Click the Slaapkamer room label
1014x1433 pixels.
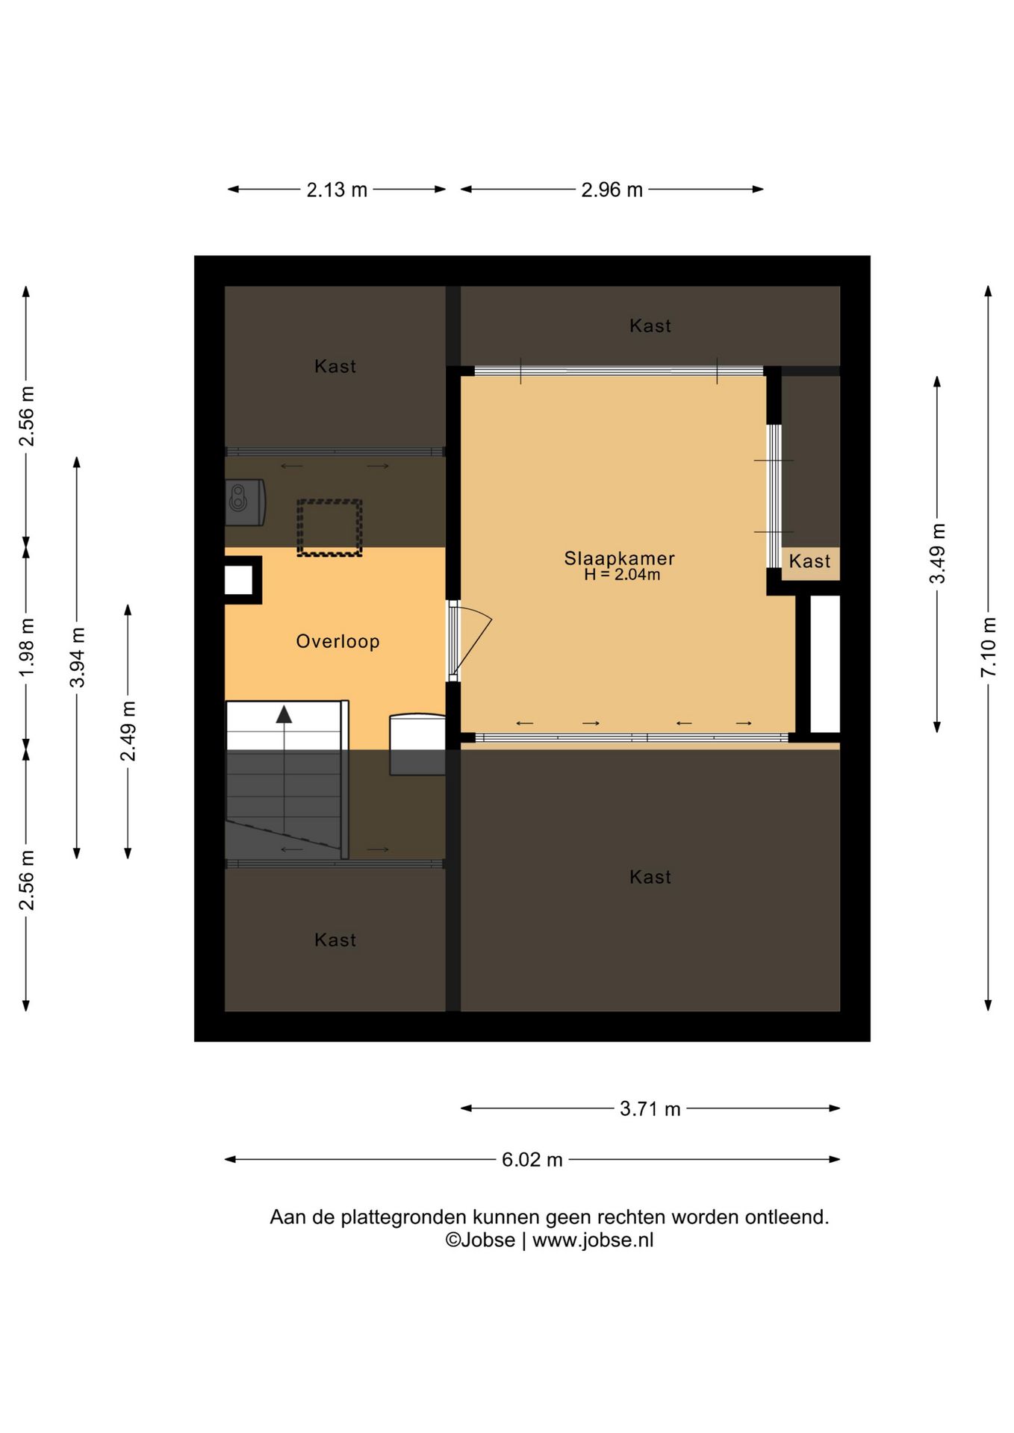click(619, 558)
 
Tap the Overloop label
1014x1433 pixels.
click(338, 641)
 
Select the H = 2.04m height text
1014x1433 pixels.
click(622, 575)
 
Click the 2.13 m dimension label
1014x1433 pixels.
click(337, 190)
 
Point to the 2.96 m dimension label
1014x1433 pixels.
click(612, 190)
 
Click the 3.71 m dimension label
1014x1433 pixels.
click(650, 1109)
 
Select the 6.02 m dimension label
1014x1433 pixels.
click(532, 1160)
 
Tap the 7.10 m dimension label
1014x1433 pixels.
click(989, 647)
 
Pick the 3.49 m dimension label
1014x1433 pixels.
click(937, 554)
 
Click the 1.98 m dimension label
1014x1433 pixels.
click(26, 647)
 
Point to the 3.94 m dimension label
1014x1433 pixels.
click(77, 658)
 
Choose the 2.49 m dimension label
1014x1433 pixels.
click(128, 731)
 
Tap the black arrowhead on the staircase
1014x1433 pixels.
click(284, 714)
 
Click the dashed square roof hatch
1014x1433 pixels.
click(329, 528)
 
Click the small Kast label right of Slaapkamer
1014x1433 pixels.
click(809, 561)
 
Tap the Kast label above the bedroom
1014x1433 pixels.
click(650, 325)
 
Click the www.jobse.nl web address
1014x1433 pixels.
click(593, 1240)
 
